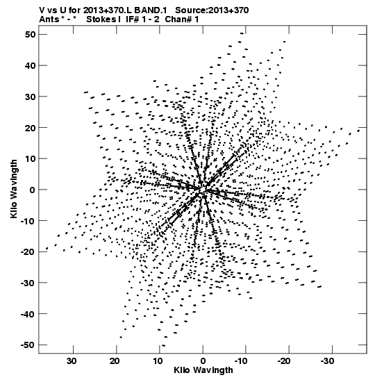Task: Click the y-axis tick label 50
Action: tap(30, 35)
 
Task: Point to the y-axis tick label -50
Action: tap(28, 345)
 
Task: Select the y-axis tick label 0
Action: tap(33, 190)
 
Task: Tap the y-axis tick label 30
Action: tap(30, 97)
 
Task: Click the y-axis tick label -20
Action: tap(28, 251)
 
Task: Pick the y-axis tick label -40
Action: tap(28, 314)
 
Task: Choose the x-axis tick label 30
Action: tap(72, 361)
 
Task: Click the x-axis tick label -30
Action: tap(328, 361)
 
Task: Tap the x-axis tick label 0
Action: tap(203, 361)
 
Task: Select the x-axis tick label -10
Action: tap(241, 361)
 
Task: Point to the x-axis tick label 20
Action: tap(115, 361)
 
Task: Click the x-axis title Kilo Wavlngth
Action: tap(203, 370)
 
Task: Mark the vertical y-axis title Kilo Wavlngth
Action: tap(14, 189)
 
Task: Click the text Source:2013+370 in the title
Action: tap(212, 10)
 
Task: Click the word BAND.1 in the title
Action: tap(151, 10)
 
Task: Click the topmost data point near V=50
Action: tap(242, 33)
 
